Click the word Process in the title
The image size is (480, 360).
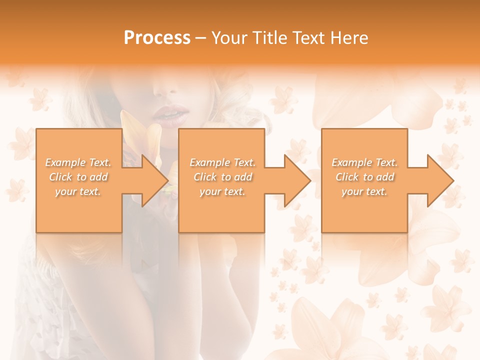[x=157, y=38]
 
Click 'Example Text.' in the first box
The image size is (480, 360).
[x=78, y=162]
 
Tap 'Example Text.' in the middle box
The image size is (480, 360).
[x=222, y=162]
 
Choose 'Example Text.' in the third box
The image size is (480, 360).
[x=364, y=162]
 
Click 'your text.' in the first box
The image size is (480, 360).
[x=78, y=191]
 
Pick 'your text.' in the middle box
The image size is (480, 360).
[x=222, y=191]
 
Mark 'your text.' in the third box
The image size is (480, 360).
[x=364, y=191]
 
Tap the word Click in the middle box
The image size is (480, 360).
[x=205, y=177]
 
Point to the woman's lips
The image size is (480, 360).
[x=168, y=115]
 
